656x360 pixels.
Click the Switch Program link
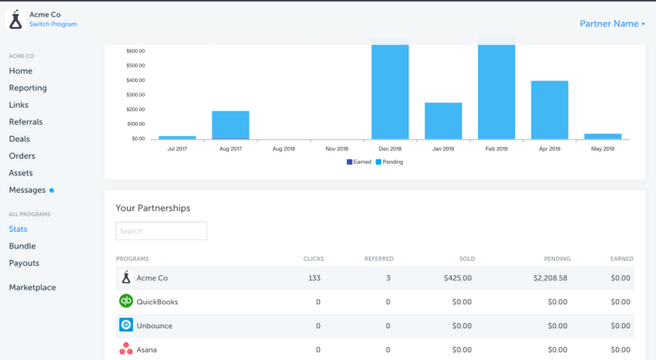[x=53, y=25]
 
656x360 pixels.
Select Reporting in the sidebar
[x=28, y=88]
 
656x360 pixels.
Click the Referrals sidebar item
[x=26, y=122]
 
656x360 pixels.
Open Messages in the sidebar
[x=28, y=190]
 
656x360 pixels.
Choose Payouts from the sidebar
[x=24, y=263]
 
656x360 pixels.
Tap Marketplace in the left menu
[x=33, y=288]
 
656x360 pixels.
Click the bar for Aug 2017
[x=230, y=125]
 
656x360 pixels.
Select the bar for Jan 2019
[x=443, y=121]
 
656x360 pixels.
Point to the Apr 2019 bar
[x=549, y=111]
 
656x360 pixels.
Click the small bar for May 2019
[x=603, y=136]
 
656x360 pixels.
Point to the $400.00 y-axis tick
[x=136, y=80]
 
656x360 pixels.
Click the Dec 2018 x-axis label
[x=389, y=148]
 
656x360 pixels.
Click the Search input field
[x=162, y=231]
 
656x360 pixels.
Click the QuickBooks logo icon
[x=126, y=301]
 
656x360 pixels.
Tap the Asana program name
[x=147, y=349]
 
